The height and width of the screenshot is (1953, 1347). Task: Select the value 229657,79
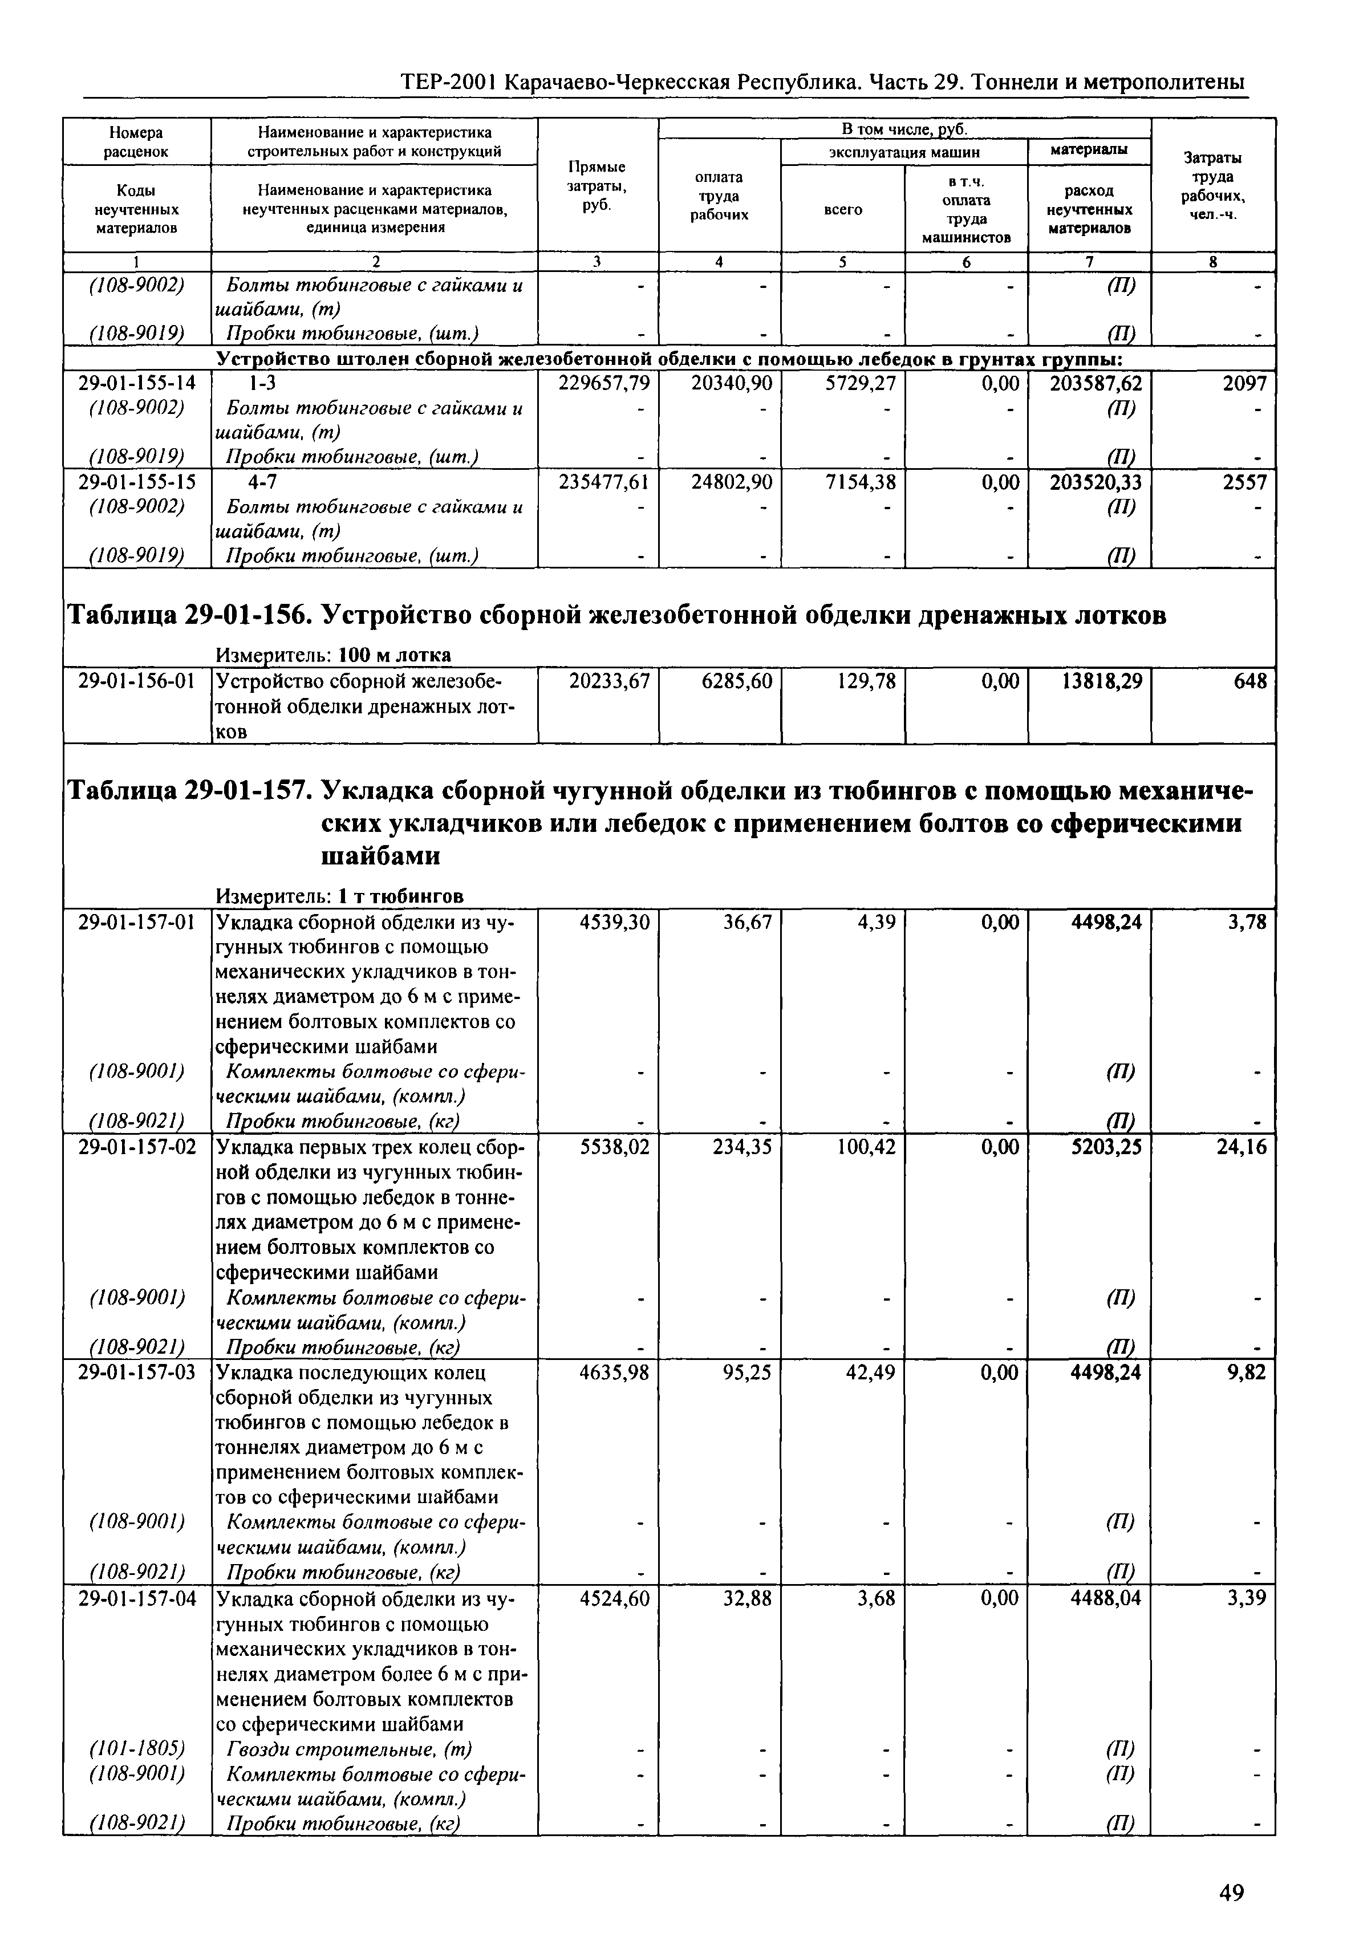[x=604, y=383]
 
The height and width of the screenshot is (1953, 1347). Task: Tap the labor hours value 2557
[x=1245, y=482]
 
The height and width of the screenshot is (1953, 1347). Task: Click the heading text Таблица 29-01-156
[x=186, y=615]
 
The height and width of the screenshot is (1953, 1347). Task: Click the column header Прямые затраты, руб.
[x=597, y=186]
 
